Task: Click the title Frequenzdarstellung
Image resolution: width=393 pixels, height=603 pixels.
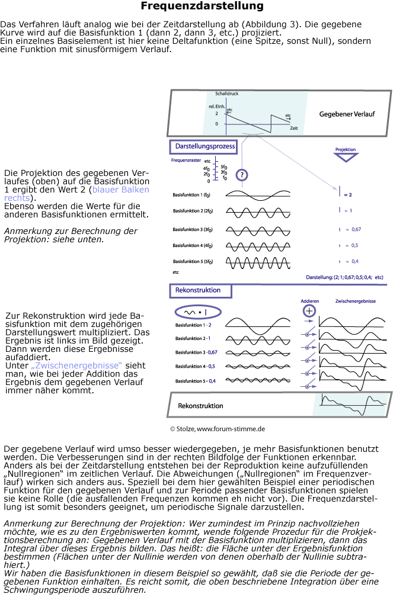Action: (202, 7)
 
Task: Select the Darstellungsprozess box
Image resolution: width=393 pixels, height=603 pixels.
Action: (205, 146)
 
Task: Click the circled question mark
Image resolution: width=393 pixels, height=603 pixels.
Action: (241, 175)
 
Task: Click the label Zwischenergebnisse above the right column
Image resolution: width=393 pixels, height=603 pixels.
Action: (356, 301)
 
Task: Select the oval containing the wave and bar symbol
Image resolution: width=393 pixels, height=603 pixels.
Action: (198, 311)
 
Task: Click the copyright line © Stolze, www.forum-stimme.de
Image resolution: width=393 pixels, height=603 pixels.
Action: (218, 428)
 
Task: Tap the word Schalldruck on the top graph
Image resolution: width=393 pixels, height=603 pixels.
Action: (228, 94)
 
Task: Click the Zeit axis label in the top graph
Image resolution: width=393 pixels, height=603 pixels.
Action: (294, 127)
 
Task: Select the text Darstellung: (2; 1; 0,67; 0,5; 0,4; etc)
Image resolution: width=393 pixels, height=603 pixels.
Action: (344, 277)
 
